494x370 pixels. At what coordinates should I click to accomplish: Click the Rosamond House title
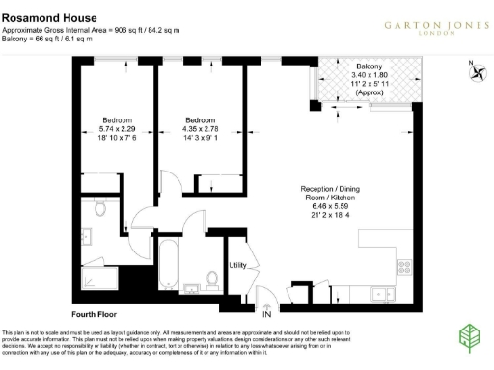click(x=45, y=15)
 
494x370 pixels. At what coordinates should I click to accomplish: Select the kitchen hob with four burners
click(x=402, y=267)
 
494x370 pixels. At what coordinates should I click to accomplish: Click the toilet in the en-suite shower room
click(x=100, y=211)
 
